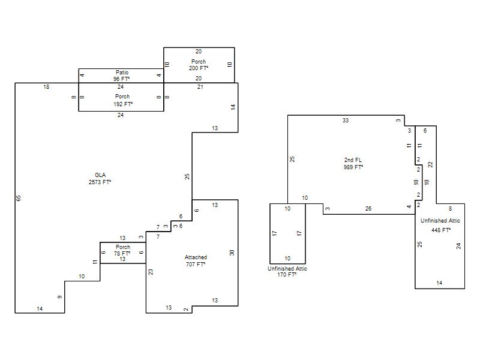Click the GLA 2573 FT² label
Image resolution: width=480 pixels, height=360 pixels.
pos(100,178)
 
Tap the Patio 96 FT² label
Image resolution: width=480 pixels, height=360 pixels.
pos(122,76)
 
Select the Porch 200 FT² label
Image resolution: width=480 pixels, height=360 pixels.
pos(199,65)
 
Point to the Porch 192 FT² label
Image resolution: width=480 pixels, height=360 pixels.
pos(123,100)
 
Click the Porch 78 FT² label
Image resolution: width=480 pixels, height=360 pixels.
pos(122,250)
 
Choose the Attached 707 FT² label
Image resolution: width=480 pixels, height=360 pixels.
pos(196,260)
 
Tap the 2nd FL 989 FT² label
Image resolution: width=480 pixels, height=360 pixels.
pos(353,163)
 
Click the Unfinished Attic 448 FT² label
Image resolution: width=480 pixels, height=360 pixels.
pos(440,225)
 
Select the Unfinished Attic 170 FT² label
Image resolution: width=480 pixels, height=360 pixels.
pos(287,272)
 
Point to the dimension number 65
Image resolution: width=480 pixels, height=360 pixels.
pos(19,198)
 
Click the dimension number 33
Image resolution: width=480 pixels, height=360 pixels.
pos(346,121)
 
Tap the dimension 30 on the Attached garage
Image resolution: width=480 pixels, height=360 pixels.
pos(232,253)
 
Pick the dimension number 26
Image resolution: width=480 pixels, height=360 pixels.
pos(368,208)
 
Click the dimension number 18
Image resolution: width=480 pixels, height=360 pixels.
pos(46,87)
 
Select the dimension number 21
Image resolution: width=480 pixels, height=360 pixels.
pos(200,87)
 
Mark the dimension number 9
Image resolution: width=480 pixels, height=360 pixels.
pos(60,296)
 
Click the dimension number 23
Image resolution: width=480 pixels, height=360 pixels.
pos(151,272)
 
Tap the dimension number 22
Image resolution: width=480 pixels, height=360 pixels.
pos(431,164)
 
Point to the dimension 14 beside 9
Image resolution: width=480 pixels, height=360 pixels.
pos(40,309)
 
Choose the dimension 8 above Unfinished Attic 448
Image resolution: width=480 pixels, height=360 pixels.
pos(451,209)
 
